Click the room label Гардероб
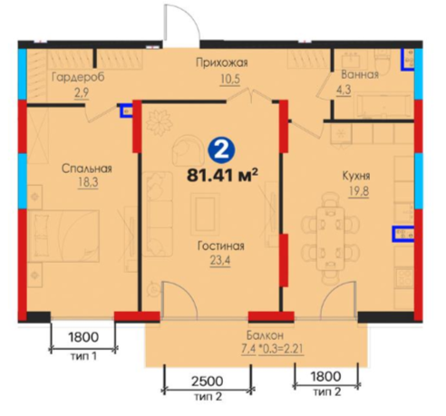coord(78,77)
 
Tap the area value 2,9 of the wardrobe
coord(82,92)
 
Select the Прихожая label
coord(222,63)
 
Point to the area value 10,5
coord(230,79)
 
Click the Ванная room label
coord(360,74)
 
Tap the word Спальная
coord(87,169)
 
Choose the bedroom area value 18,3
coord(88,183)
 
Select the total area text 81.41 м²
coord(222,175)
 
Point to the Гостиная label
coord(221,246)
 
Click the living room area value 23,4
coord(220,261)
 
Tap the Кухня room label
coord(356,176)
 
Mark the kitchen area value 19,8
coord(359,191)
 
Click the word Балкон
coord(265,335)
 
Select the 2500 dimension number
coord(208,382)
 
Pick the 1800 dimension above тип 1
coord(83,337)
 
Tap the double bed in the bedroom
coord(64,236)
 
